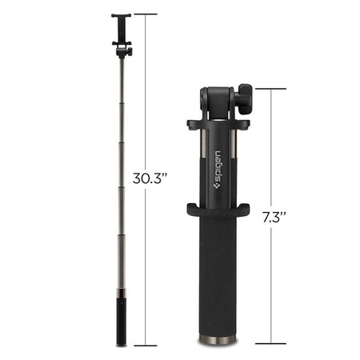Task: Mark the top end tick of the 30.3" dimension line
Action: coord(146,14)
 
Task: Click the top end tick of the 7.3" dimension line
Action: coord(274,88)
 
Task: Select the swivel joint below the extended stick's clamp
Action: coord(123,50)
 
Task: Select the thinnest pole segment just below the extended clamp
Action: coord(122,80)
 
